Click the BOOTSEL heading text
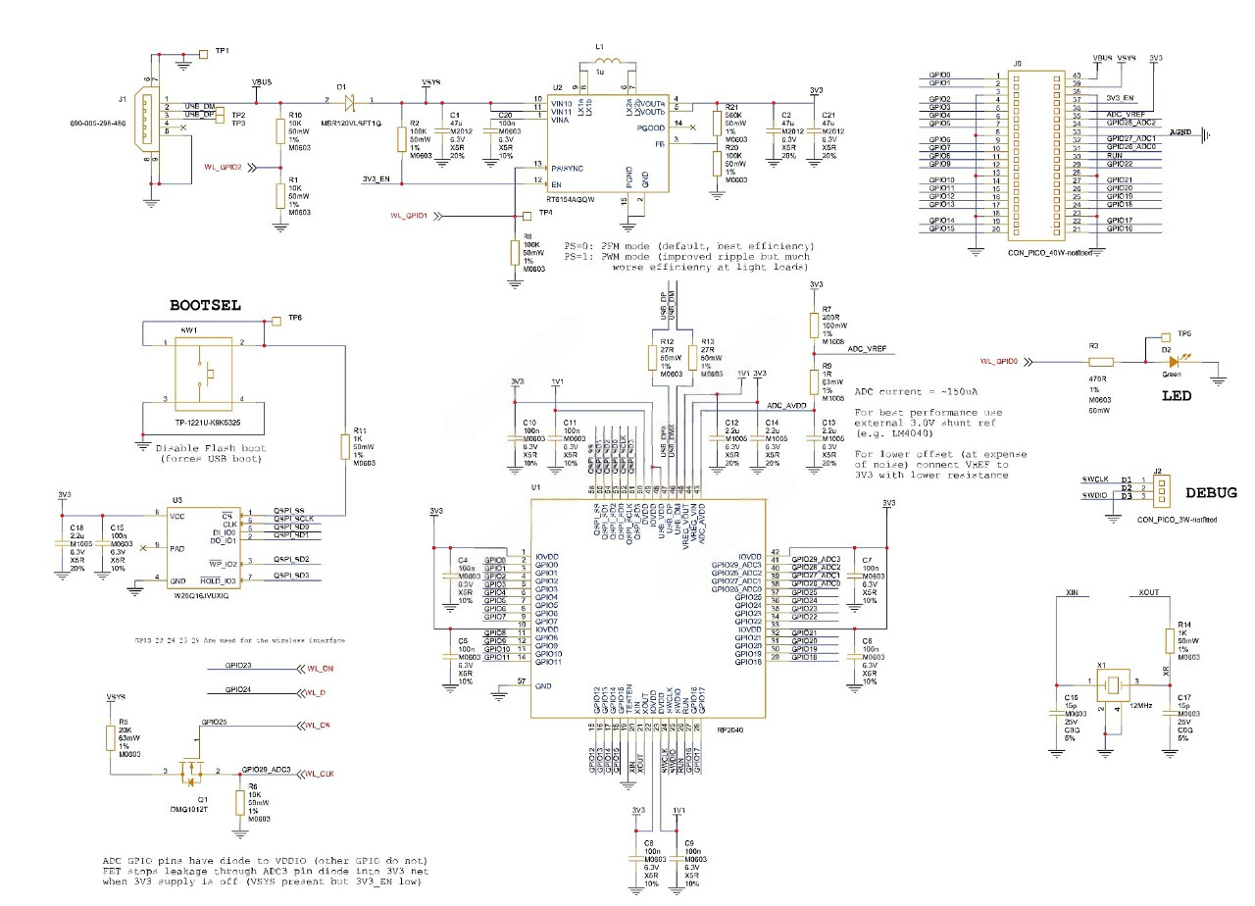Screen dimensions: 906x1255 pos(204,305)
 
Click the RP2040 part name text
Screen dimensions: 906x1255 pos(732,729)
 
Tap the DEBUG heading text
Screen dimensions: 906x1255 pos(1211,493)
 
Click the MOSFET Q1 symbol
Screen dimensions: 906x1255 pos(188,775)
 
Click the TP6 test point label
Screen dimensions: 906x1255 pos(295,319)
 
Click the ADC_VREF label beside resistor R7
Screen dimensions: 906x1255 pos(867,349)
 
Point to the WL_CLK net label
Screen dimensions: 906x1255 pos(320,774)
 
